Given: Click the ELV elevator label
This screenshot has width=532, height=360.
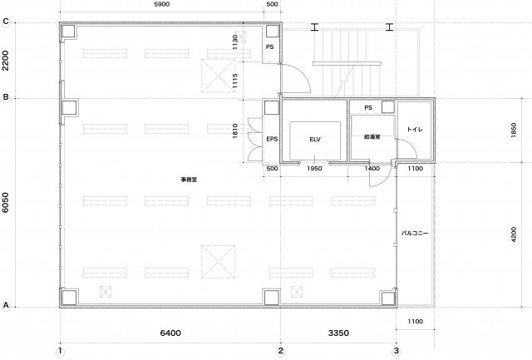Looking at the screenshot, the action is [315, 139].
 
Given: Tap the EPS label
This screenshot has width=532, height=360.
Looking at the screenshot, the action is [272, 139].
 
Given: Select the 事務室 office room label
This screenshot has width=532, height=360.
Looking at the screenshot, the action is [189, 180].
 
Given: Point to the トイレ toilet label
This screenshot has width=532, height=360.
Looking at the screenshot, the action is [415, 129].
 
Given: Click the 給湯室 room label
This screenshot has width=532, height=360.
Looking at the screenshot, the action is [372, 136].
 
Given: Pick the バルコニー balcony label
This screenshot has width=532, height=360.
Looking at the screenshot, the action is [415, 233].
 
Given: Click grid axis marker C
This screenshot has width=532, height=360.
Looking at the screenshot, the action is [6, 22].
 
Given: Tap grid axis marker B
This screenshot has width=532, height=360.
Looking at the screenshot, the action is [6, 97].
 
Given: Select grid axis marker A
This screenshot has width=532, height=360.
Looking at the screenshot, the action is [6, 305].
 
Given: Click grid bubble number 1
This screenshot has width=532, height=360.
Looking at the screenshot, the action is [60, 351].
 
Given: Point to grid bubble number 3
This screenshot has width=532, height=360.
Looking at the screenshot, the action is [397, 351].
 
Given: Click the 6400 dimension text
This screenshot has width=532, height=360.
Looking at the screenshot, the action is [170, 333].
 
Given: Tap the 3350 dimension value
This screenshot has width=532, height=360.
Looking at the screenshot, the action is [338, 333].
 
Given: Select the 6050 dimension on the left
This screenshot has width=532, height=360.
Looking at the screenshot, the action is [6, 203].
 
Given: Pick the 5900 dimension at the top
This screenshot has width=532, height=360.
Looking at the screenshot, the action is [161, 4].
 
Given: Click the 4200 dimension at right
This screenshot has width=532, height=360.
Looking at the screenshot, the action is [514, 234].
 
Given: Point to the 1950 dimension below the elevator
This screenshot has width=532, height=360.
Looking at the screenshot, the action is [314, 168].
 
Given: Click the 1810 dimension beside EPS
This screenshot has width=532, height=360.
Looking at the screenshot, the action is [235, 131].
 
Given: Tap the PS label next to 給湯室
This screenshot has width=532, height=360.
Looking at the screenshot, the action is [368, 107].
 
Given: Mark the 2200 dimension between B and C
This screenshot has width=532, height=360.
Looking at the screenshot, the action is [6, 61].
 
